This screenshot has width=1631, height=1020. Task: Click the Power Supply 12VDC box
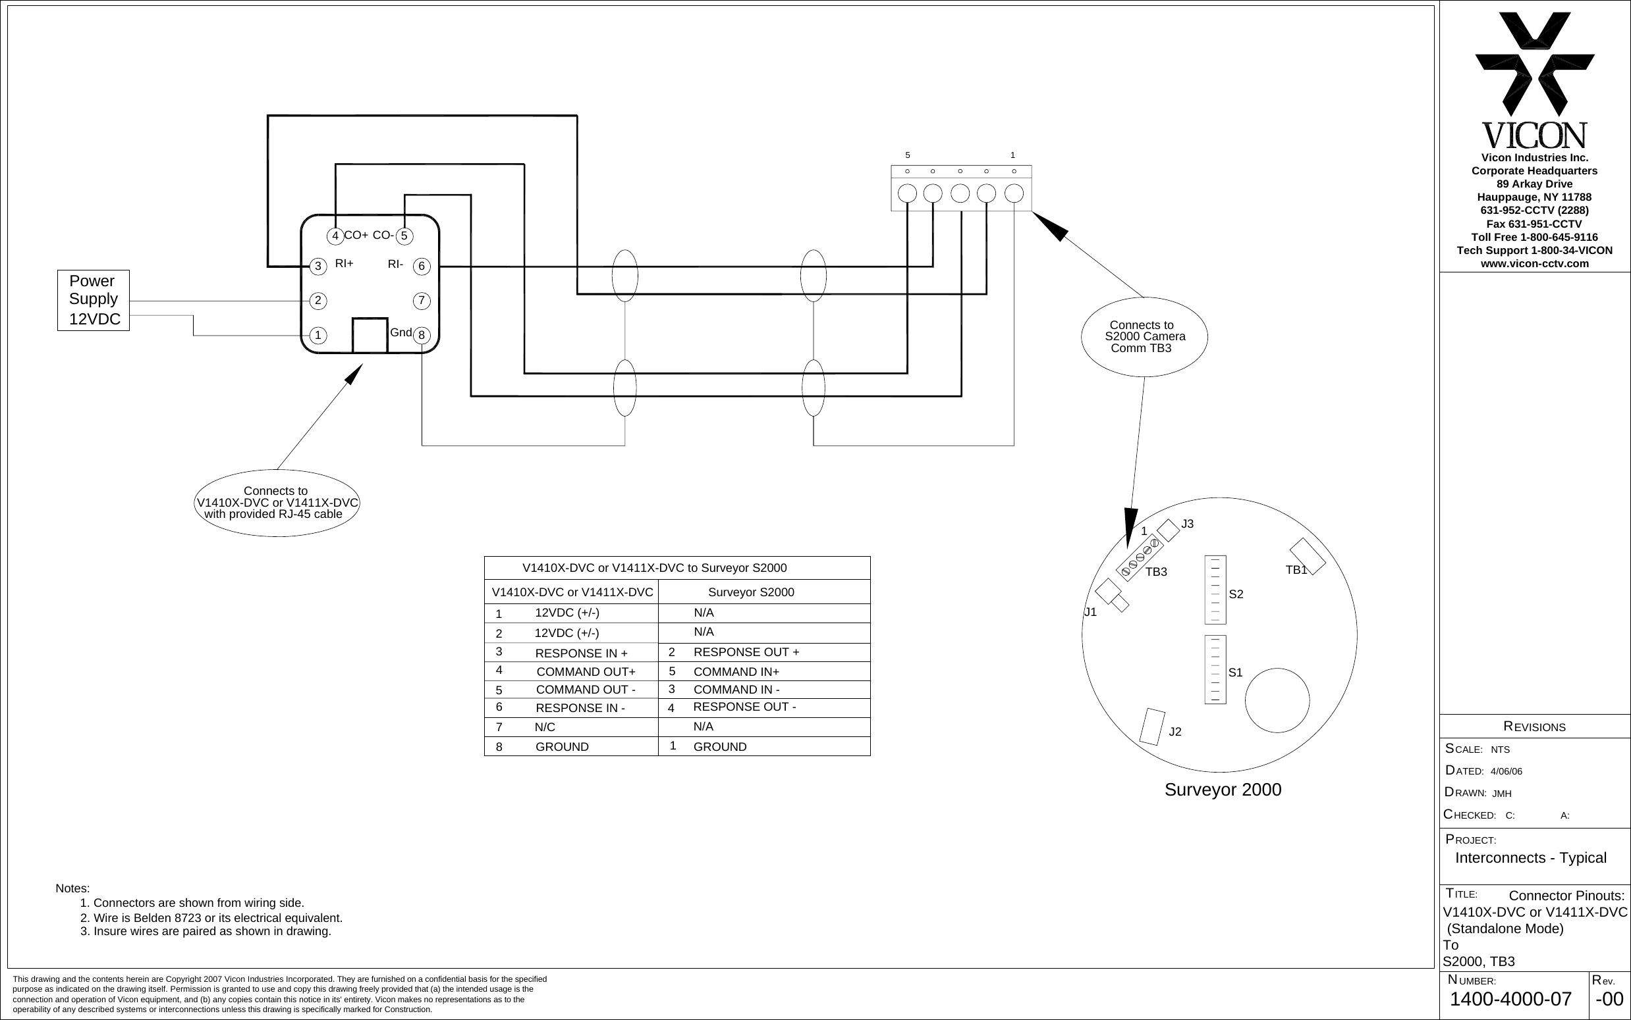coord(93,300)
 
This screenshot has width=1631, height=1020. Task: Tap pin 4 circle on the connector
coord(335,236)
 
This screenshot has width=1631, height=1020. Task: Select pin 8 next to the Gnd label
coord(421,335)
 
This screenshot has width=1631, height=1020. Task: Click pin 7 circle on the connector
coord(421,300)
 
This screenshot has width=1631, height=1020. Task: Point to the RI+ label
coord(345,264)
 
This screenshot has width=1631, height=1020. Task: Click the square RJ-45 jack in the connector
coord(370,335)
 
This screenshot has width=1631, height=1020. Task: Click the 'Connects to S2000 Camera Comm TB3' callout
coord(1144,337)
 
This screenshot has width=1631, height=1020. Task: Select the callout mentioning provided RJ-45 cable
coord(276,503)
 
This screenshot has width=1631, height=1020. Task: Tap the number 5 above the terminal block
coord(907,155)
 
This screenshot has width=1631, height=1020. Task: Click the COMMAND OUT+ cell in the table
coord(586,672)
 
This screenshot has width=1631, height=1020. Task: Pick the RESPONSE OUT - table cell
coord(744,707)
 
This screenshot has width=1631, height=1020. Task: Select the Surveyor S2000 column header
coord(751,592)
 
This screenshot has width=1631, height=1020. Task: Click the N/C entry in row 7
coord(545,727)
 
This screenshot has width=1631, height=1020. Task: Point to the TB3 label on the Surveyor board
coord(1156,572)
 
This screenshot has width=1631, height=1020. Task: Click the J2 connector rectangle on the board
coord(1151,727)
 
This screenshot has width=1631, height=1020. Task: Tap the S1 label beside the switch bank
coord(1235,673)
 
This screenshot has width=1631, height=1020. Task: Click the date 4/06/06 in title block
coord(1506,771)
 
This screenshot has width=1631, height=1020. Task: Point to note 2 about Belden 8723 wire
coord(211,918)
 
